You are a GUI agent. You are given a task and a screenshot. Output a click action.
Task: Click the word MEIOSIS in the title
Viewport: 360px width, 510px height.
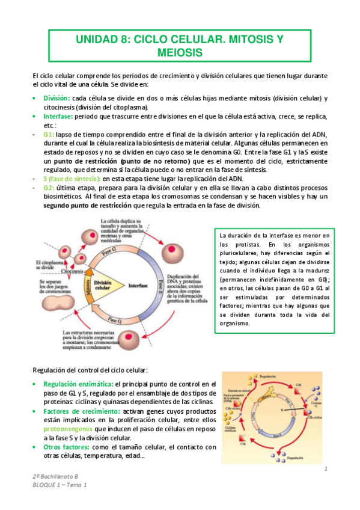(180, 53)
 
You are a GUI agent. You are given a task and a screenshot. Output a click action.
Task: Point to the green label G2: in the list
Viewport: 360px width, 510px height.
(49, 188)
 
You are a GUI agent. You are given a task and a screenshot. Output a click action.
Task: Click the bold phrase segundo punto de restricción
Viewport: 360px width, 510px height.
(87, 205)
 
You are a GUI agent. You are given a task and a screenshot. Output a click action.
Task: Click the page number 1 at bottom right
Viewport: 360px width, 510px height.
(325, 469)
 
